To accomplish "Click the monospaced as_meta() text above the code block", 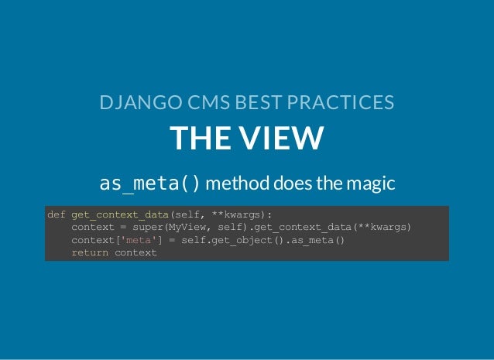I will click(x=150, y=184).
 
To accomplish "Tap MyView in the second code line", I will click(x=188, y=228).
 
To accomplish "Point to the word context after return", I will click(x=136, y=252).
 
